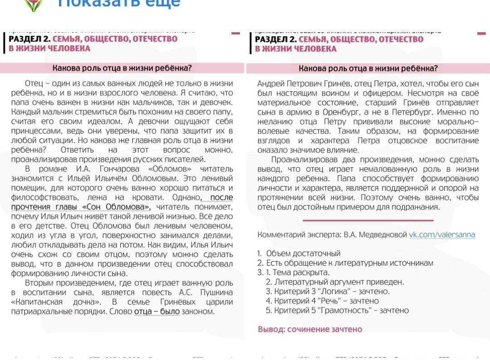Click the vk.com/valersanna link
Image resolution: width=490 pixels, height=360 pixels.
pos(442,235)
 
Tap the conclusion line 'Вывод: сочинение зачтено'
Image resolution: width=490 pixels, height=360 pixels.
pos(310,329)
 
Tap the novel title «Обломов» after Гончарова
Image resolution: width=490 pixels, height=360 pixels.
pos(154,169)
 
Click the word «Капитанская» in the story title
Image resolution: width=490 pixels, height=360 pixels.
pos(36,302)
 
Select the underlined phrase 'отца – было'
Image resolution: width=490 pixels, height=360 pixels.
pos(157,311)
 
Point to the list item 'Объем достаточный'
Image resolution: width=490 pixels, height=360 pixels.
pos(303,253)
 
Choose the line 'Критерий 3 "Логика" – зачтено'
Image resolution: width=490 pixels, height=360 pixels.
pos(328,291)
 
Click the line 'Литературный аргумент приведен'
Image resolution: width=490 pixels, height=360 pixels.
pos(335,282)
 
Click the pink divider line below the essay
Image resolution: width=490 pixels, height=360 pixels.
pos(367,221)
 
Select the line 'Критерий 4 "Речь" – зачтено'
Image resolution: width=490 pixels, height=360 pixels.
pos(322,301)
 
